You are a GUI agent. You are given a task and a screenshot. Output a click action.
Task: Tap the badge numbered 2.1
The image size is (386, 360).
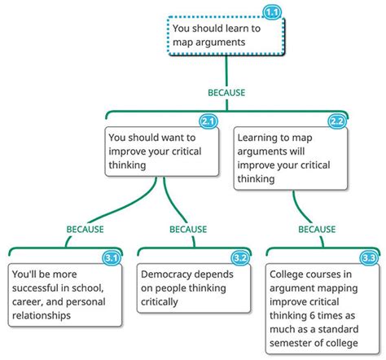pos(208,121)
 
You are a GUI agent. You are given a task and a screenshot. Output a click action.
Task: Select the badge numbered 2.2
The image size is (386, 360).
pos(337,121)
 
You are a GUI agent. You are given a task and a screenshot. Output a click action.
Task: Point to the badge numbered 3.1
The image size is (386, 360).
pos(112,258)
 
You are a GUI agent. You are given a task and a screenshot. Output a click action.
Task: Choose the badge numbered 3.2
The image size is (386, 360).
pos(240,258)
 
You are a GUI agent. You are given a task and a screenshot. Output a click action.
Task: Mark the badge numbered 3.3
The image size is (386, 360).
pos(368,258)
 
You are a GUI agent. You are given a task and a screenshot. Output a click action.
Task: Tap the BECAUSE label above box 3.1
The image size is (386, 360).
pos(85,230)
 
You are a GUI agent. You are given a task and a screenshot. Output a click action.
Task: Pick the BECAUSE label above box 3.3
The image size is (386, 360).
pos(317,230)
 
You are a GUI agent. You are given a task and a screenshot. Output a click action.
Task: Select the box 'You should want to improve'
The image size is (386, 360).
pos(162,151)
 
